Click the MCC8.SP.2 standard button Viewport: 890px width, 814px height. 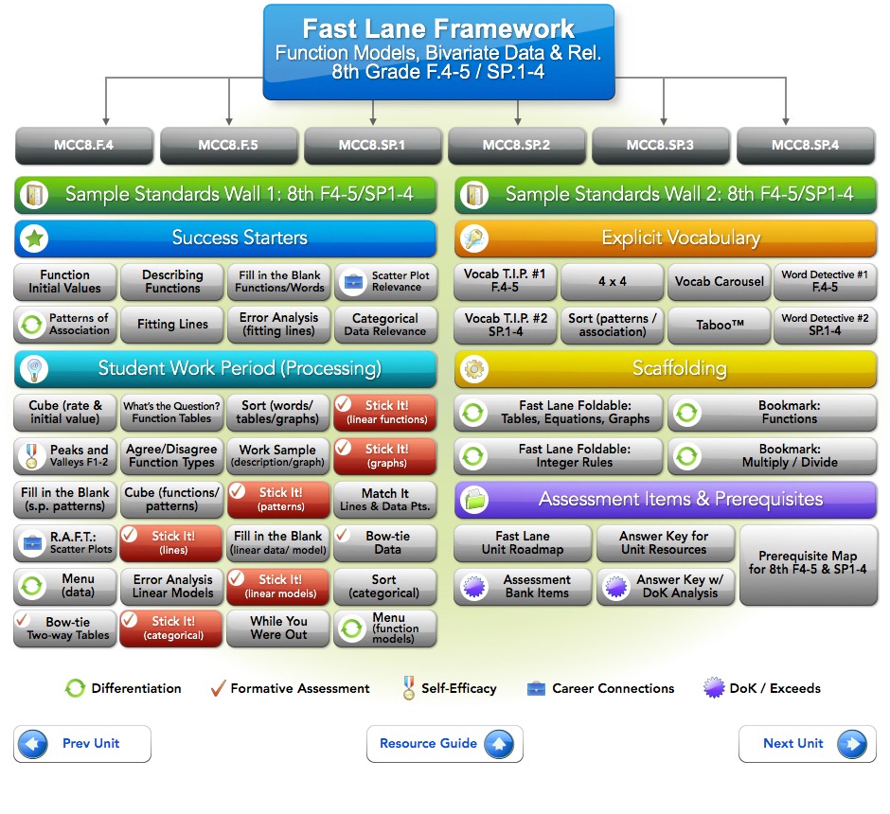tap(516, 146)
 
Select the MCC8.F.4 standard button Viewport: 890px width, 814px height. tap(83, 146)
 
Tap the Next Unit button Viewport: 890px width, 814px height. tap(807, 744)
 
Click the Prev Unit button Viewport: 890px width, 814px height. tap(82, 744)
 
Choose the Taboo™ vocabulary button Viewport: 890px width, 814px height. tap(719, 325)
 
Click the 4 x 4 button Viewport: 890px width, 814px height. tap(612, 282)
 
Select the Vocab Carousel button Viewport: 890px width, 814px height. tap(719, 282)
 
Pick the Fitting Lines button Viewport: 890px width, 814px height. tap(172, 325)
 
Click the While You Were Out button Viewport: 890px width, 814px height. tap(278, 628)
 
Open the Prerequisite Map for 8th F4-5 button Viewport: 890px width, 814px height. tap(807, 564)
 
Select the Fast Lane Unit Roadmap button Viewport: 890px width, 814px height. tap(523, 543)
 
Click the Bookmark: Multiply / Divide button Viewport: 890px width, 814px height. tap(773, 455)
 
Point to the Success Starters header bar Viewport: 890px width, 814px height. tap(225, 239)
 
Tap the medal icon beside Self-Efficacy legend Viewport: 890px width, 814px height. tap(409, 689)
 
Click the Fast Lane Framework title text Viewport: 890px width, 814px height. tap(437, 28)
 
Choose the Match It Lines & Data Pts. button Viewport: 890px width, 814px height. tap(384, 500)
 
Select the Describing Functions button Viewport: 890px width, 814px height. tap(172, 282)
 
